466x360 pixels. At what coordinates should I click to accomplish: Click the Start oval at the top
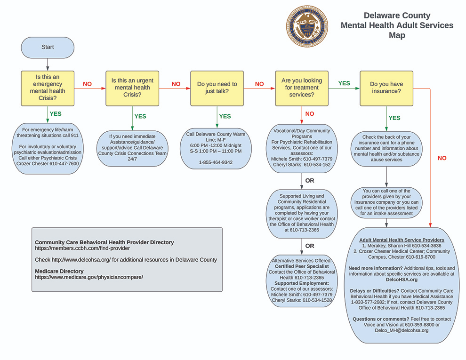pyautogui.click(x=48, y=48)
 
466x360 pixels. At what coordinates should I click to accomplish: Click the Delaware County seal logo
pyautogui.click(x=307, y=26)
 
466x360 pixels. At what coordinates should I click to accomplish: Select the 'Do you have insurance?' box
pyautogui.click(x=386, y=88)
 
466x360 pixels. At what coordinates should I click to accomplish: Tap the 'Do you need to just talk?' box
pyautogui.click(x=217, y=88)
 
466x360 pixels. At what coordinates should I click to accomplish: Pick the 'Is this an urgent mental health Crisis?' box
pyautogui.click(x=132, y=88)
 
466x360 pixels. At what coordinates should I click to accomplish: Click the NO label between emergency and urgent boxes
pyautogui.click(x=87, y=84)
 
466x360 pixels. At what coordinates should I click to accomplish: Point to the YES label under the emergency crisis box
pyautogui.click(x=56, y=114)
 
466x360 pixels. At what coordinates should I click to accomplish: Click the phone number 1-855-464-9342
pyautogui.click(x=216, y=162)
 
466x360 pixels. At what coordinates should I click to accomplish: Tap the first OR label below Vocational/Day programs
pyautogui.click(x=310, y=181)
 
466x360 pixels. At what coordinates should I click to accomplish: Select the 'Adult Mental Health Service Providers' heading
pyautogui.click(x=402, y=240)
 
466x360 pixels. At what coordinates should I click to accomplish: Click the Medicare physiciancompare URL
pyautogui.click(x=89, y=277)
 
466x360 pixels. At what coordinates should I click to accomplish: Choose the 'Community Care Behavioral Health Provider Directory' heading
pyautogui.click(x=104, y=242)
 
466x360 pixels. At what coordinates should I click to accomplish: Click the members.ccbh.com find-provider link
pyautogui.click(x=82, y=248)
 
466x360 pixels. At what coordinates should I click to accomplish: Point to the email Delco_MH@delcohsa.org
pyautogui.click(x=402, y=330)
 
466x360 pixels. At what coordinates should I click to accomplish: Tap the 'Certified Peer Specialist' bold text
pyautogui.click(x=302, y=266)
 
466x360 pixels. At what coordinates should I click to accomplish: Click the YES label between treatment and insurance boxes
pyautogui.click(x=344, y=83)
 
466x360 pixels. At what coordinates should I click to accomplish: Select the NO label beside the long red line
pyautogui.click(x=442, y=158)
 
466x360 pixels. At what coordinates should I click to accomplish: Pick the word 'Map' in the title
pyautogui.click(x=397, y=35)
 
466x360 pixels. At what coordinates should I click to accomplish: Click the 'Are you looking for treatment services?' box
pyautogui.click(x=302, y=88)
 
